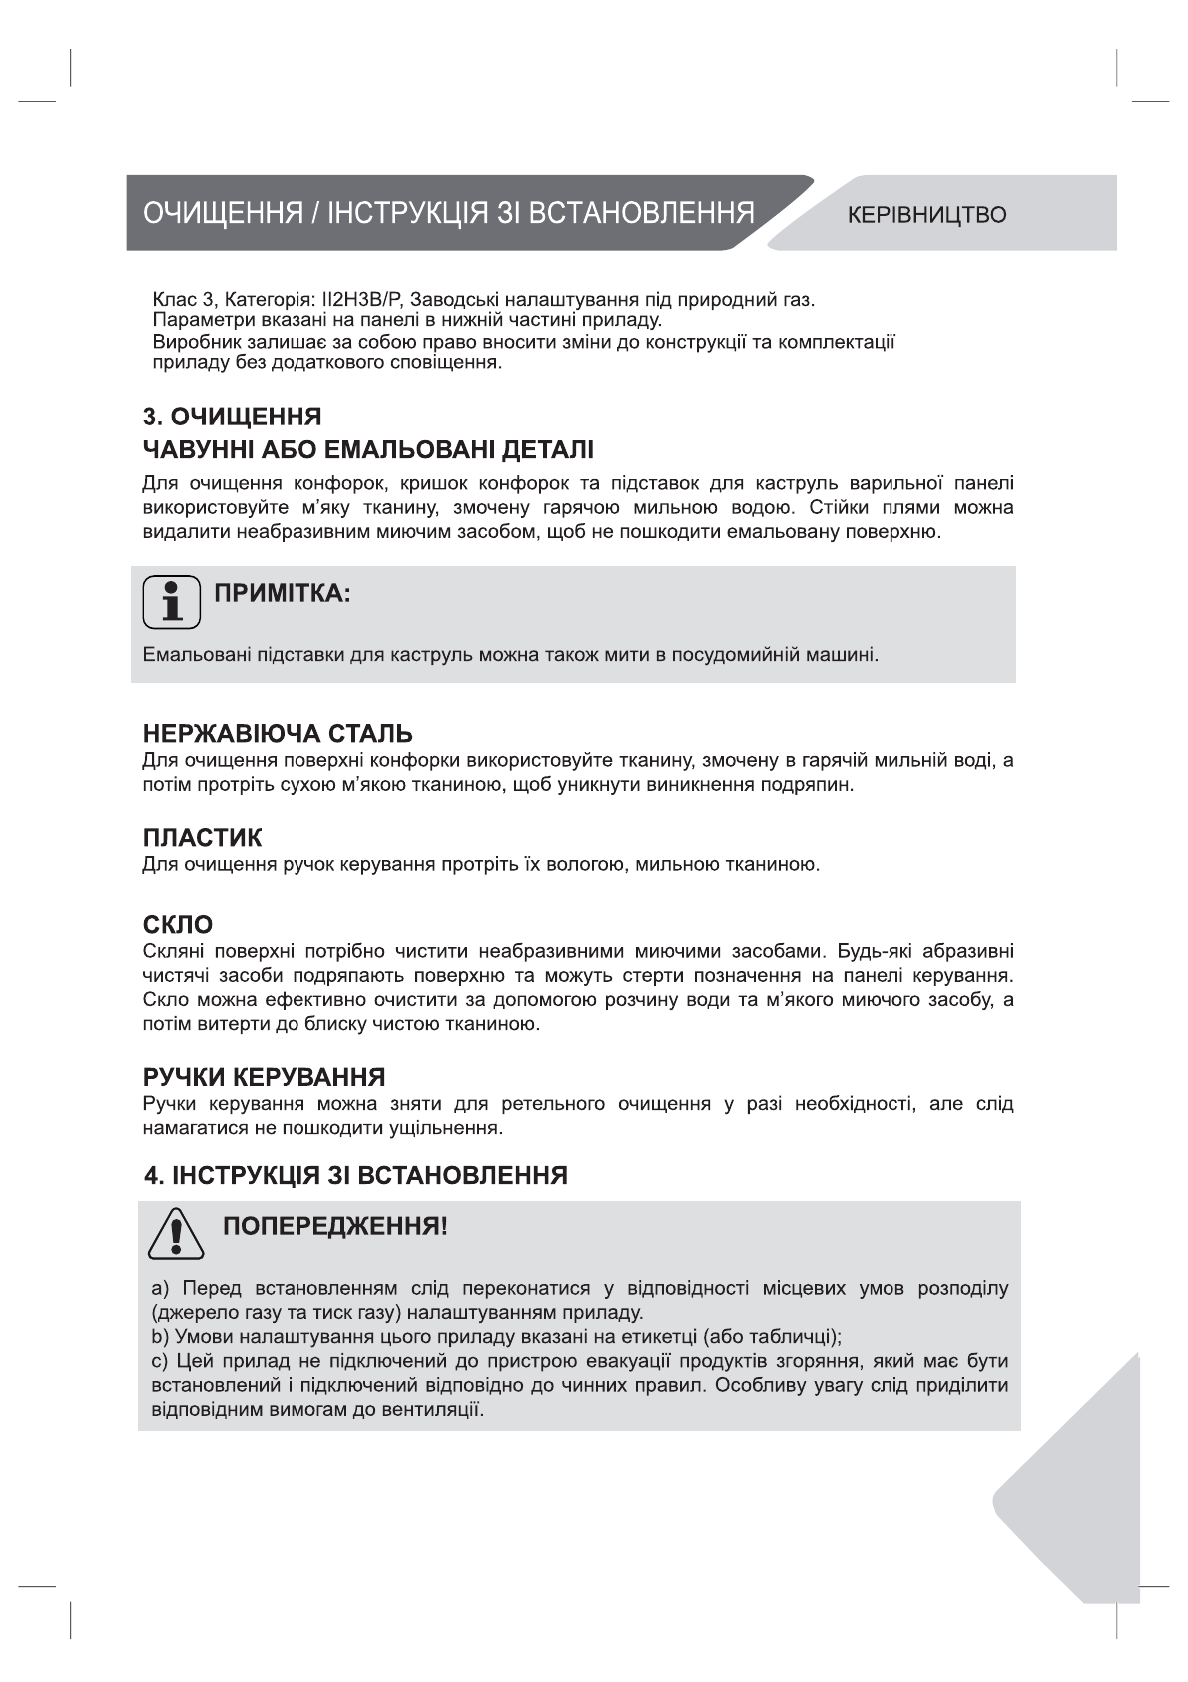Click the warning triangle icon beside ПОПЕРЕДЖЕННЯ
(176, 1234)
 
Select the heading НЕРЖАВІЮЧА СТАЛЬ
(278, 734)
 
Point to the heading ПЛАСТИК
(202, 837)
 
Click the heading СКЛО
(177, 925)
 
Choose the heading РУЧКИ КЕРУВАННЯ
(264, 1078)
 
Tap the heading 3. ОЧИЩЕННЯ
(232, 416)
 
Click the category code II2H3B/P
(361, 300)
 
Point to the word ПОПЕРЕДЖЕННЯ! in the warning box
(334, 1226)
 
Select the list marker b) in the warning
(159, 1337)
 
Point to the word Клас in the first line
(172, 300)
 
